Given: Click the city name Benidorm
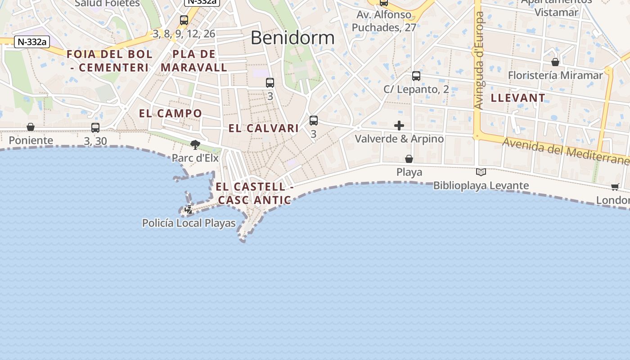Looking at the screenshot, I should click(x=292, y=38).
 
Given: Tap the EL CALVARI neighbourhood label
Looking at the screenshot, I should click(x=264, y=128).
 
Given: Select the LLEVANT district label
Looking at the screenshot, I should click(x=518, y=98).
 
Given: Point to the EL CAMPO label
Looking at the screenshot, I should click(x=171, y=113).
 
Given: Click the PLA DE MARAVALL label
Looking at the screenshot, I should click(x=194, y=61).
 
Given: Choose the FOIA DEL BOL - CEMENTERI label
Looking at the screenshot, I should click(x=110, y=61).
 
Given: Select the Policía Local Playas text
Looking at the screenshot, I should click(x=189, y=223).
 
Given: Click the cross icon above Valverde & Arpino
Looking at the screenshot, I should click(x=399, y=126).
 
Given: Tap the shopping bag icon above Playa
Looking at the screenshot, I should click(x=409, y=159).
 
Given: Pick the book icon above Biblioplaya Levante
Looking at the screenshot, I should click(x=481, y=172).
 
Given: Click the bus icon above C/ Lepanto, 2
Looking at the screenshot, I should click(x=416, y=76).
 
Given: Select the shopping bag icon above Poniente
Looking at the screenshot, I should click(x=31, y=127).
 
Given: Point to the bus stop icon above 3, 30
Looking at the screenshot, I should click(x=95, y=128).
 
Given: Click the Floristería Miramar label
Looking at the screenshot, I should click(x=555, y=75).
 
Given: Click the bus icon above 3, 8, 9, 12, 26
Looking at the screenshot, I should click(x=184, y=20).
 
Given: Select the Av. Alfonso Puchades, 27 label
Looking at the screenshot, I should click(x=384, y=21).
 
